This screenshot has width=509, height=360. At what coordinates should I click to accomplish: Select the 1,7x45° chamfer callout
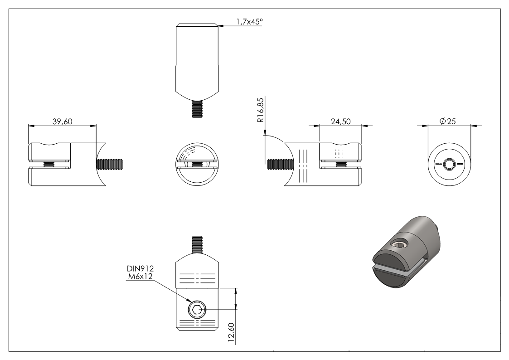(248, 21)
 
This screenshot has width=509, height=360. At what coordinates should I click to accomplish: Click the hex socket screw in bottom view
(196, 311)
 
